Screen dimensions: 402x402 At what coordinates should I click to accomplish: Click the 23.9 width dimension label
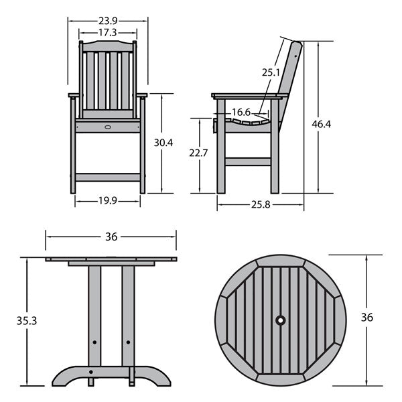(x=108, y=21)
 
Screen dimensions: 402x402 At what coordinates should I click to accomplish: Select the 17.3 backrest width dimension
(x=108, y=33)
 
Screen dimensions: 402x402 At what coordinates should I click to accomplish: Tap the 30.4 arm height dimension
(x=163, y=143)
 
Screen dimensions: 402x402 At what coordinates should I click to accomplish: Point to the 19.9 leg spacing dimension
(x=108, y=201)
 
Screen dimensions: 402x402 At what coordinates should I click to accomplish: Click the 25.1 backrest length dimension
(x=271, y=72)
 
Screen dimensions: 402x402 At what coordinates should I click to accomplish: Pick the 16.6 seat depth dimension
(x=241, y=112)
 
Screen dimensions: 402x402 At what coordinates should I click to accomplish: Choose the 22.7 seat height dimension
(x=198, y=153)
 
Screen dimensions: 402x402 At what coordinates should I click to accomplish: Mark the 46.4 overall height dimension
(x=322, y=124)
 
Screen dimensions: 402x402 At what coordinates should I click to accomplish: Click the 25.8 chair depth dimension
(x=261, y=204)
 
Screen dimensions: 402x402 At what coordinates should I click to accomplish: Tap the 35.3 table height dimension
(x=27, y=321)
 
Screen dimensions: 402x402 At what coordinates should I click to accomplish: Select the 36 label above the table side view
(x=111, y=237)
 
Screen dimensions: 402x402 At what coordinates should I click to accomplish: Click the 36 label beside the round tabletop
(x=367, y=318)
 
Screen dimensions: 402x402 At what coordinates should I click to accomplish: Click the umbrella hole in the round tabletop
(x=281, y=320)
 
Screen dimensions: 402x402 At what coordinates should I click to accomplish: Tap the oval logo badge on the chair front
(x=108, y=127)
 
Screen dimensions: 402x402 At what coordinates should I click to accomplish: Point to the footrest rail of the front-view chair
(x=108, y=178)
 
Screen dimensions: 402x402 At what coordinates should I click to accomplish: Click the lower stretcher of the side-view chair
(x=248, y=161)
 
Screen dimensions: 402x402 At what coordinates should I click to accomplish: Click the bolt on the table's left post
(x=94, y=342)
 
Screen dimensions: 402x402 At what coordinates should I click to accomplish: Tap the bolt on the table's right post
(x=128, y=342)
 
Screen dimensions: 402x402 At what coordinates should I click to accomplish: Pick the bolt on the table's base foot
(x=90, y=372)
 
